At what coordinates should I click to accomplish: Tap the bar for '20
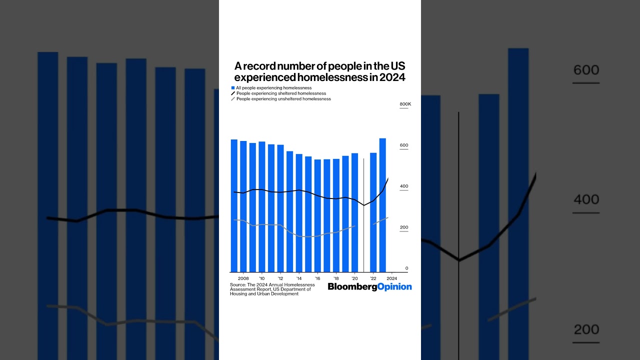(x=354, y=212)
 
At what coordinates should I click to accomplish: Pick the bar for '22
(x=373, y=212)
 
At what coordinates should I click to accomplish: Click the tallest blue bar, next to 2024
(x=382, y=205)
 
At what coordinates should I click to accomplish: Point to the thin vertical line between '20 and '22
(x=363, y=215)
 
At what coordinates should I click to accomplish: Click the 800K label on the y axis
(x=405, y=104)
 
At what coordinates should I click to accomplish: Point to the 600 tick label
(x=404, y=145)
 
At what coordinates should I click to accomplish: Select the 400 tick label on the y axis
(x=404, y=186)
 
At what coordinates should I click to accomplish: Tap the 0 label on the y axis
(x=406, y=268)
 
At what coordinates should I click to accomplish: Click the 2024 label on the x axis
(x=392, y=278)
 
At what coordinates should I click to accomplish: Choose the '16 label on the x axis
(x=317, y=278)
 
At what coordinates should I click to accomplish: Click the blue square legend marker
(x=233, y=88)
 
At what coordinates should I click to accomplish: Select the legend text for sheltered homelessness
(x=281, y=93)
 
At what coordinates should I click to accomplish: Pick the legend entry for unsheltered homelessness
(x=283, y=99)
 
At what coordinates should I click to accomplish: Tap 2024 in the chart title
(x=391, y=77)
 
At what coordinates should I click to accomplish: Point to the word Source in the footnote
(x=237, y=284)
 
